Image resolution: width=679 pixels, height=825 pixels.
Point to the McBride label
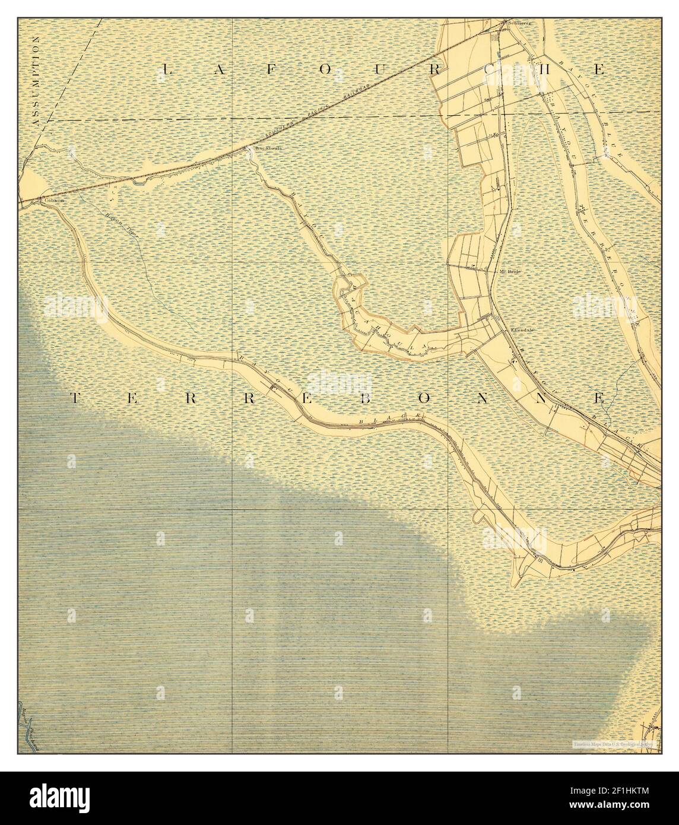(x=510, y=271)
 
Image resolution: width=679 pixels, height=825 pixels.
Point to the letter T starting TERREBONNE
(x=77, y=398)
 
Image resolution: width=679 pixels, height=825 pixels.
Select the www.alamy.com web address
(x=623, y=807)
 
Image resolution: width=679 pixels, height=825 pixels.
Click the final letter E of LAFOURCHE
(x=600, y=70)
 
